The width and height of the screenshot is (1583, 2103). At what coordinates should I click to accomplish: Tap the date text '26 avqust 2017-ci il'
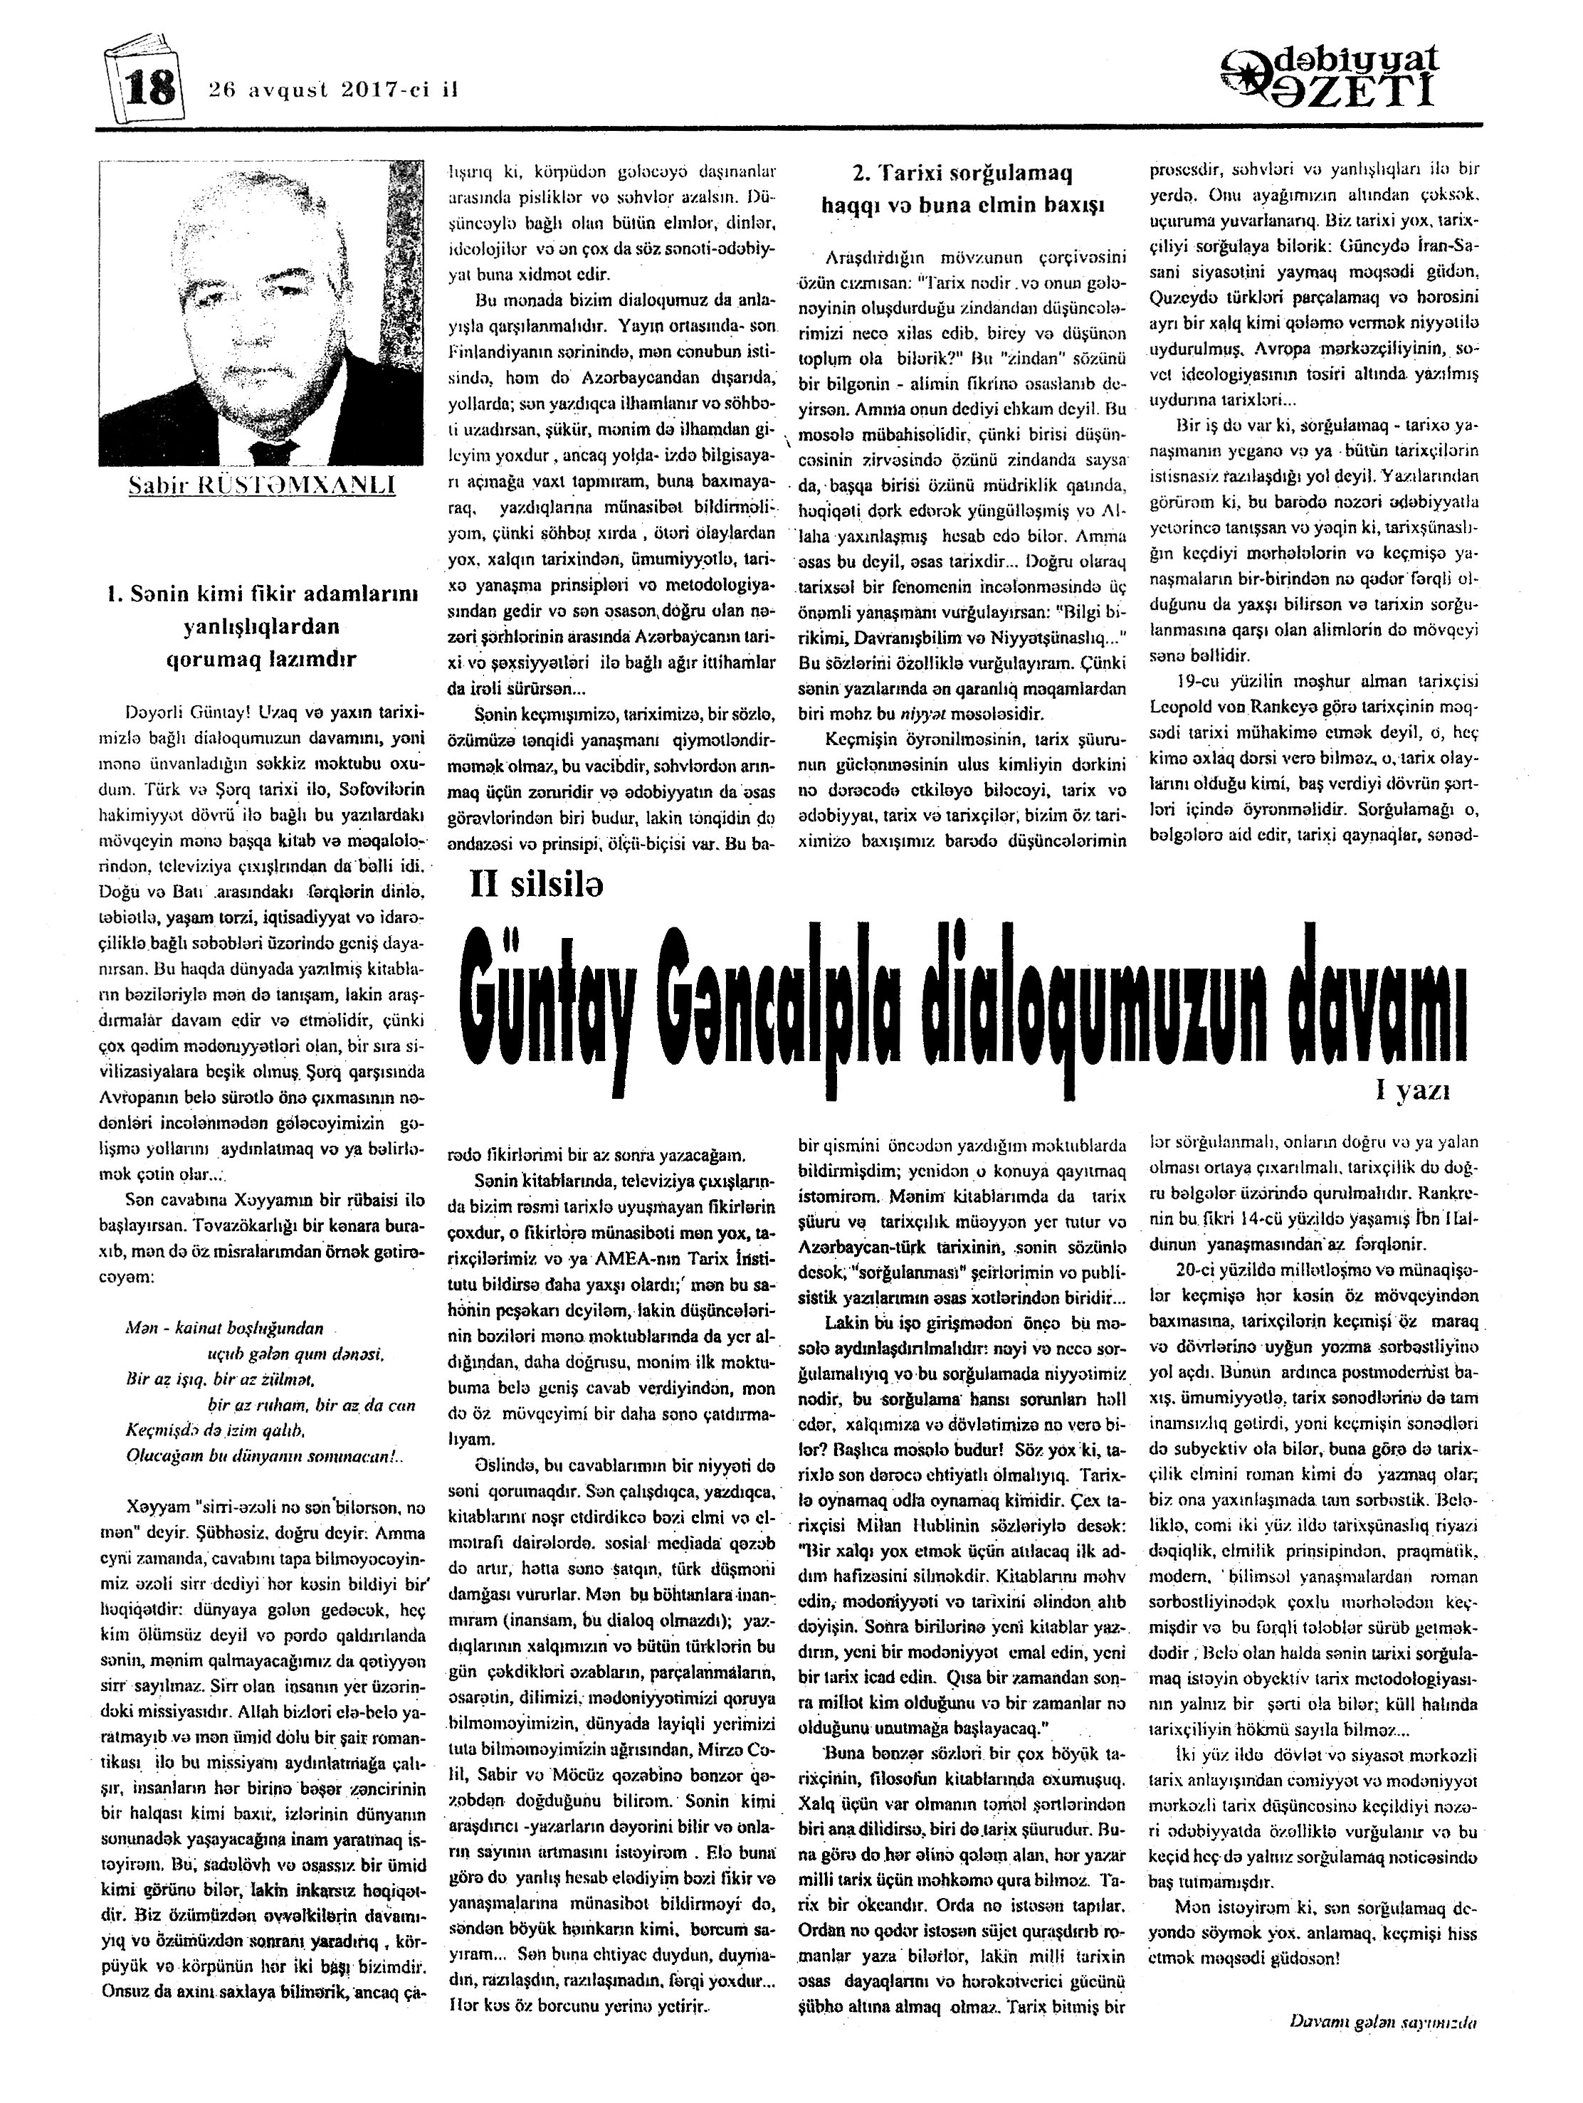pyautogui.click(x=333, y=90)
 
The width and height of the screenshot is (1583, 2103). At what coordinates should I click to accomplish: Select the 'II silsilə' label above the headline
pyautogui.click(x=537, y=887)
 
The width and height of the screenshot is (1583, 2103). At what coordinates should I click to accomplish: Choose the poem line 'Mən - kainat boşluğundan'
pyautogui.click(x=224, y=1328)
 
